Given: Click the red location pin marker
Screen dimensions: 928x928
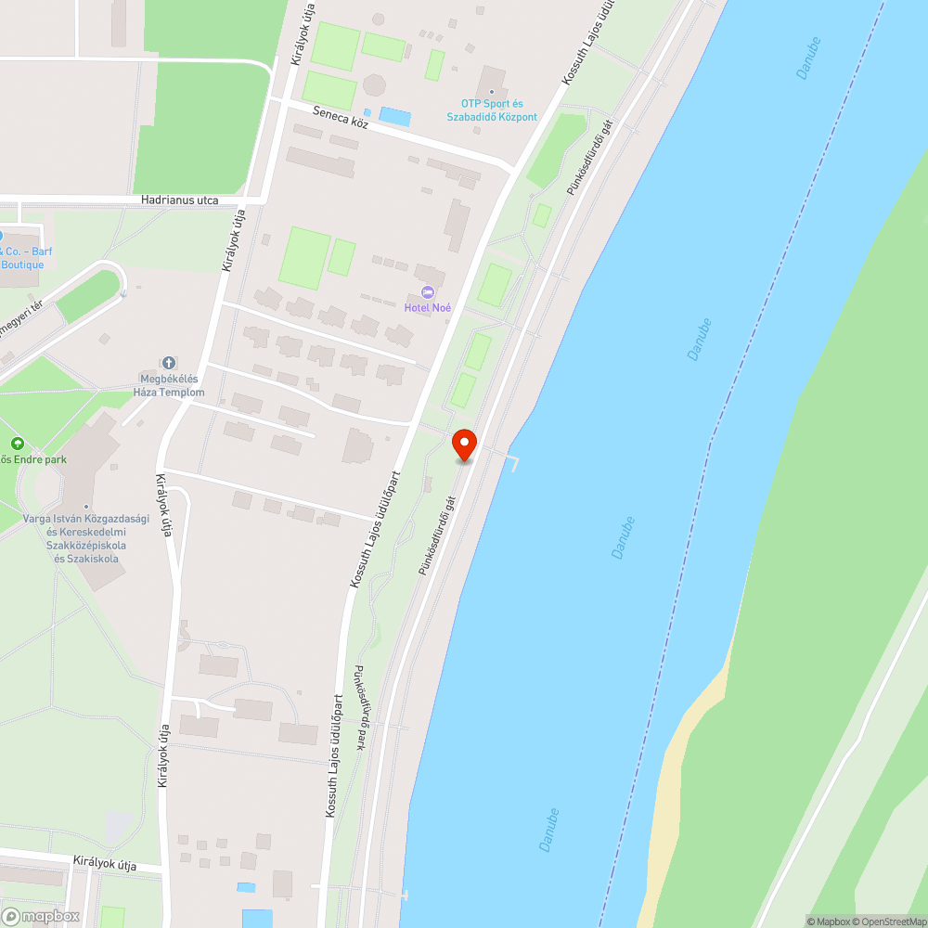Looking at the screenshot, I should [465, 444].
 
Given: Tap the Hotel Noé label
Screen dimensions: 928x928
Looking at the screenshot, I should [427, 307].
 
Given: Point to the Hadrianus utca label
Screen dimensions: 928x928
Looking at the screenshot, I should [180, 200].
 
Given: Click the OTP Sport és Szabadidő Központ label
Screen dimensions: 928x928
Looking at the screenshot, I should [499, 110].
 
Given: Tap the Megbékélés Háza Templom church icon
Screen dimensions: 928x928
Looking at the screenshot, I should [170, 363].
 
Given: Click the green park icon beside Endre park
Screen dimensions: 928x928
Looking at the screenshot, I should [17, 445].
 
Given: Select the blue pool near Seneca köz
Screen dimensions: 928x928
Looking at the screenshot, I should [395, 117].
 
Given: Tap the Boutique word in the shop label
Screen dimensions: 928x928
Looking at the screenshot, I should [22, 264].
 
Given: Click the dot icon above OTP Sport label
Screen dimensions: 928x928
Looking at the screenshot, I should [491, 91].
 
